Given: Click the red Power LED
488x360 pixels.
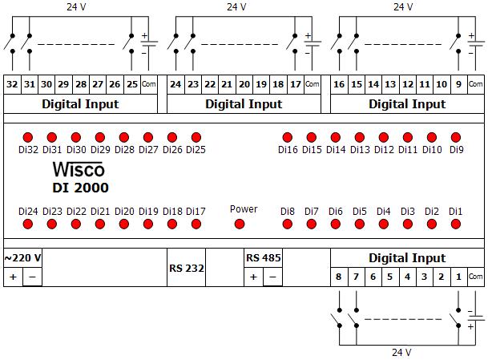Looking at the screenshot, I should [238, 224].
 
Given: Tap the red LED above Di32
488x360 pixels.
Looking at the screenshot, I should [27, 137].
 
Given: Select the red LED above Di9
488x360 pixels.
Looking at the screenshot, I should [456, 137].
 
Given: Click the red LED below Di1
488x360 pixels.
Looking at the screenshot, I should [456, 224].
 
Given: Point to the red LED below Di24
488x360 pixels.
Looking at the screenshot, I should [27, 224].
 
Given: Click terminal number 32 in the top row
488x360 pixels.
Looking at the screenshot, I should [12, 84].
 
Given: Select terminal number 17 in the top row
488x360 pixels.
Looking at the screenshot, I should [296, 84].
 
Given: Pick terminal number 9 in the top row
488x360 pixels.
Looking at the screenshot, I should [458, 84].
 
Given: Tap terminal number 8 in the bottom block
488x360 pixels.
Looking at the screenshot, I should [339, 277].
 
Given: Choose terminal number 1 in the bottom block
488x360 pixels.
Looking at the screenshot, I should [458, 277].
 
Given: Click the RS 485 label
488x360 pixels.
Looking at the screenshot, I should [263, 258].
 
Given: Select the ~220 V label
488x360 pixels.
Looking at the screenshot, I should [23, 258].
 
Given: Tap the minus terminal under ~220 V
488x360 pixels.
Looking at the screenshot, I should [32, 277].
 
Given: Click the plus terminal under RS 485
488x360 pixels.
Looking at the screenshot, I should [253, 277].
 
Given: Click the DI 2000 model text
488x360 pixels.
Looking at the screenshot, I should [80, 188].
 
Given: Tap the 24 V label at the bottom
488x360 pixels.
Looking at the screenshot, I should [401, 352].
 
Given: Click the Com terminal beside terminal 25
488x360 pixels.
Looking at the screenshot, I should [149, 84].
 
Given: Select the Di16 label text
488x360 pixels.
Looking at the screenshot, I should [288, 149].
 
